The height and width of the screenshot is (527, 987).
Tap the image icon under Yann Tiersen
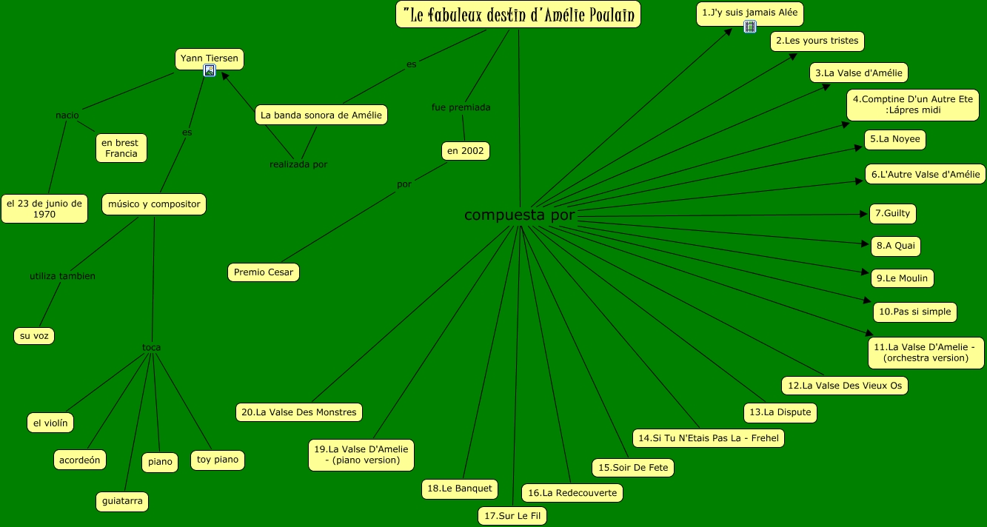(210, 71)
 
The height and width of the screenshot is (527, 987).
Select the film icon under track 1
(750, 27)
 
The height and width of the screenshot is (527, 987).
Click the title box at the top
(518, 14)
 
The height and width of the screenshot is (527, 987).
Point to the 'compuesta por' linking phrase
(519, 215)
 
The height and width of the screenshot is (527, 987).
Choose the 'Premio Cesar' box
(264, 272)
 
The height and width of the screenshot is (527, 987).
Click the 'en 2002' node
(466, 151)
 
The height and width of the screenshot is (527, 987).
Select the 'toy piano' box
(217, 460)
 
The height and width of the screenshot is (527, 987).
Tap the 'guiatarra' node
(122, 501)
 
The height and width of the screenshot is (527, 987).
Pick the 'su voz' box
(34, 335)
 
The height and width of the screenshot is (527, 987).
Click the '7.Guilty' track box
(892, 214)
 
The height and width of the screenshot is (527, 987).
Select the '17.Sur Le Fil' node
(512, 516)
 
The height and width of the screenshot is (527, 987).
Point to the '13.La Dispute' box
(780, 412)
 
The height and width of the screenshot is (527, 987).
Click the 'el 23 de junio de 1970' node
(44, 209)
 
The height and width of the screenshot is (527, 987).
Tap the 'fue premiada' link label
(461, 107)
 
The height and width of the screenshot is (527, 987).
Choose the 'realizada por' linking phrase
(298, 164)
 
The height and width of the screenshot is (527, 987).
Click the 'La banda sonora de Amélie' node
(322, 115)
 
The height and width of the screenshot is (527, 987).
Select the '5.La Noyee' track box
(895, 139)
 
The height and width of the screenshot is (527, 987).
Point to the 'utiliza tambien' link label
(62, 276)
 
